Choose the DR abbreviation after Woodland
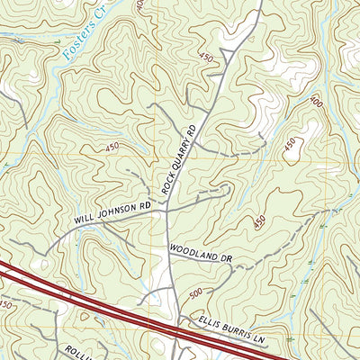(x=227, y=257)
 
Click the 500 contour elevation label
(x=197, y=293)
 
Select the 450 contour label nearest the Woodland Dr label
(x=259, y=221)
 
